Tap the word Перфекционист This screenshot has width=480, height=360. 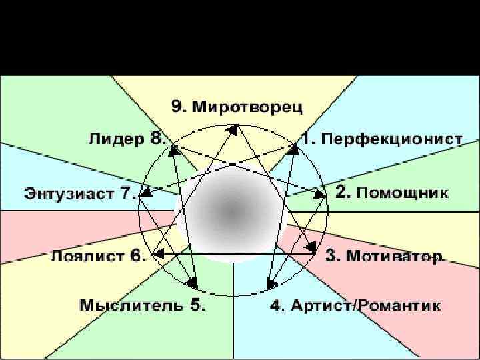pos(392,139)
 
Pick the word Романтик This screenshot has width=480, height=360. pos(399,306)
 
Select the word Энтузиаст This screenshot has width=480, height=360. pos(71,194)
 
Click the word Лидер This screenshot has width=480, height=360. pos(117,139)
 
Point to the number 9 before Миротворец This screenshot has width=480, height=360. pos(177,106)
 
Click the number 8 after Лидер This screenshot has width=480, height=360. pos(158,139)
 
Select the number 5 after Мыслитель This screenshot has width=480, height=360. pos(197,306)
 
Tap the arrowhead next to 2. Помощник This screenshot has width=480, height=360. pos(319,195)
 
